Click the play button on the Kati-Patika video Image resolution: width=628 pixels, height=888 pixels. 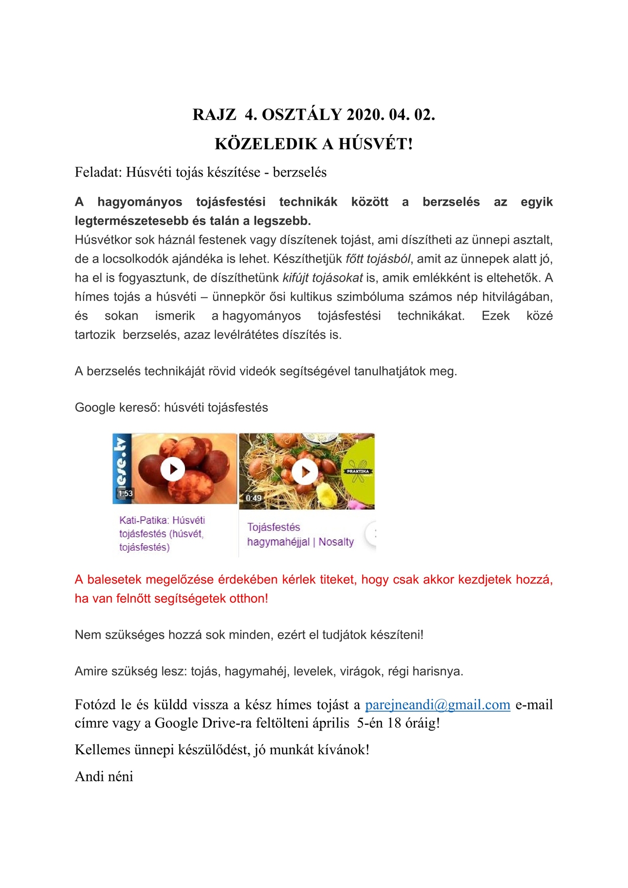(x=173, y=469)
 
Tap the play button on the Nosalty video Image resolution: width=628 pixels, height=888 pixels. (x=304, y=472)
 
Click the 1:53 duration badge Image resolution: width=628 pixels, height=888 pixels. (x=125, y=493)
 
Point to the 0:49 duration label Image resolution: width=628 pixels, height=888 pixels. (x=254, y=498)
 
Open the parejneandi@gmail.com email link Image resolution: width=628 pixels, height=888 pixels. (x=438, y=704)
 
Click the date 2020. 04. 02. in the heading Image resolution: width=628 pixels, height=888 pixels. (x=391, y=114)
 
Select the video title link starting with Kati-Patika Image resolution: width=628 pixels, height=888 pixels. (x=162, y=533)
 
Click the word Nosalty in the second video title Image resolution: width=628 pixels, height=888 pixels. (x=336, y=542)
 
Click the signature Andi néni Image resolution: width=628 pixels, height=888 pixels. (x=104, y=777)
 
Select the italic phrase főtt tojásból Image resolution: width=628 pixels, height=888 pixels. (x=378, y=259)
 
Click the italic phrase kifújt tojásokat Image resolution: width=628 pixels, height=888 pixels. (x=323, y=278)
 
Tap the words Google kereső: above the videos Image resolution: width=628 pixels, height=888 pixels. (x=117, y=407)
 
